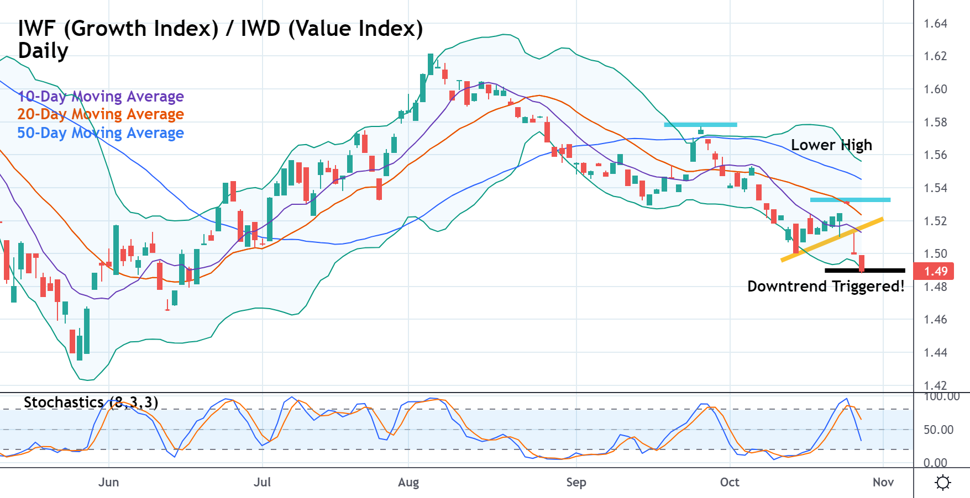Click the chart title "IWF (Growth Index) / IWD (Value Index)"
tap(220, 29)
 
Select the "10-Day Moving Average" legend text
tap(101, 97)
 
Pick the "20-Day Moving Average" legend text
tap(101, 114)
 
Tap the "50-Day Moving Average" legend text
tap(101, 133)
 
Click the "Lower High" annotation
tap(831, 145)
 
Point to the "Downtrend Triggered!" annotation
tap(826, 287)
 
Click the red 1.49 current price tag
tap(935, 271)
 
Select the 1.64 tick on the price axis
tap(935, 24)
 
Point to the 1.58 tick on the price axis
tap(935, 122)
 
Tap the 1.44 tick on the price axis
tap(935, 352)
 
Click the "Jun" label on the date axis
tap(108, 482)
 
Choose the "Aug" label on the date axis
tap(408, 482)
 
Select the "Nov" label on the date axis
tap(883, 482)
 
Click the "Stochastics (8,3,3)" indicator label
tap(91, 402)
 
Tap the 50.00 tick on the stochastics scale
tap(938, 430)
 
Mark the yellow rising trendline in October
tap(832, 239)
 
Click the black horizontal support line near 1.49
tap(865, 271)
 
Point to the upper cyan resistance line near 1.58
tap(700, 125)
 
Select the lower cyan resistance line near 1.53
tap(850, 199)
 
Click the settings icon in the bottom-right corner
tap(942, 483)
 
